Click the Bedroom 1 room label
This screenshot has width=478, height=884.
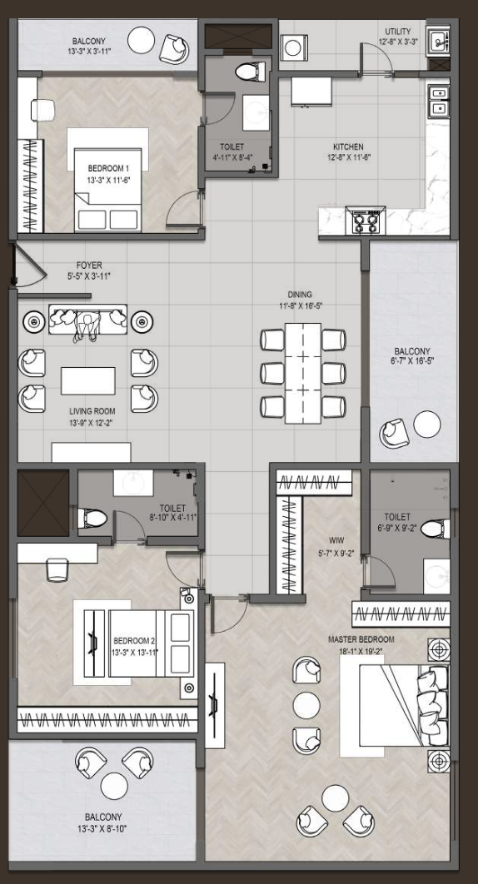point(108,169)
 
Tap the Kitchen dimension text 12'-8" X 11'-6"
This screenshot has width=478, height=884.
point(348,157)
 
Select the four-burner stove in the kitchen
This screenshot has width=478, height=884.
point(365,220)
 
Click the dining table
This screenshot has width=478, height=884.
point(303,373)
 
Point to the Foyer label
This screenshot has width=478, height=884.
point(89,265)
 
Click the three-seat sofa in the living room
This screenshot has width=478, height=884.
point(87,320)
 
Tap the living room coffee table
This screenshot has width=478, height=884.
point(88,381)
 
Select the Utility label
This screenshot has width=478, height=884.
point(398,32)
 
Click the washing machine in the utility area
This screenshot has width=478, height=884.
point(293,47)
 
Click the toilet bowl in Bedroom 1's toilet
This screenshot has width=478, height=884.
point(250,72)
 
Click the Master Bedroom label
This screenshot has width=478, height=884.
point(361,640)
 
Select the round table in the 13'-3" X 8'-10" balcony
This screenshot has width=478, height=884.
point(114,785)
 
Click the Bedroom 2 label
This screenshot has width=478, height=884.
point(134,641)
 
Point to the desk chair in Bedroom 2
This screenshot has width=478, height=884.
point(57,570)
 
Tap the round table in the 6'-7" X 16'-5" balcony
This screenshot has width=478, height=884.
point(427,425)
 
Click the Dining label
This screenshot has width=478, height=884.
point(300,295)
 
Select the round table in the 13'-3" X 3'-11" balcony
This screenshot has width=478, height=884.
point(141,41)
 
